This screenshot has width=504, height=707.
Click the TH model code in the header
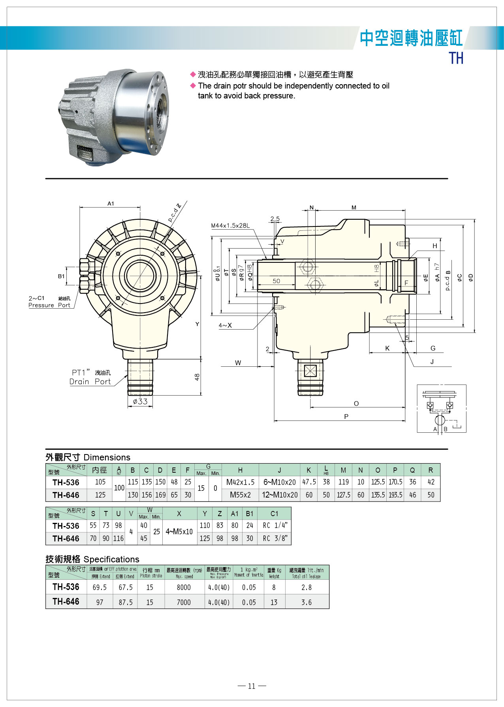(x=456, y=58)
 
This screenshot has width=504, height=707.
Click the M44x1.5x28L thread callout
(x=230, y=226)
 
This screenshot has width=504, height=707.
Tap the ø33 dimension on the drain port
(x=140, y=402)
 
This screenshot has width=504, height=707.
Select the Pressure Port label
(x=49, y=305)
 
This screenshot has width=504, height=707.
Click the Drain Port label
(x=90, y=381)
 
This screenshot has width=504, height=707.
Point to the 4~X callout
(x=225, y=325)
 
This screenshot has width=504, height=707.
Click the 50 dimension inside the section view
(x=276, y=281)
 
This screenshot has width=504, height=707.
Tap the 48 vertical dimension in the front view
(x=197, y=377)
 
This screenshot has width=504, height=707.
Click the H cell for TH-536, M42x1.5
(x=240, y=482)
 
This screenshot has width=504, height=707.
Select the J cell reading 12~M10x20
(x=280, y=495)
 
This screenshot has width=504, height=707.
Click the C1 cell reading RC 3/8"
(x=275, y=538)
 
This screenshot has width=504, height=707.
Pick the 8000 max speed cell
(x=184, y=587)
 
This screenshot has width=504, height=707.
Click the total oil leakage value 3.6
(x=307, y=602)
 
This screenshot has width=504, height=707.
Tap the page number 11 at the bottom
(x=252, y=686)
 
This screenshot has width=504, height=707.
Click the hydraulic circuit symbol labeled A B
(x=441, y=409)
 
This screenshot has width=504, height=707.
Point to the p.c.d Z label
(x=174, y=213)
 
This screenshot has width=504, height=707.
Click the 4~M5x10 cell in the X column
(x=179, y=532)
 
